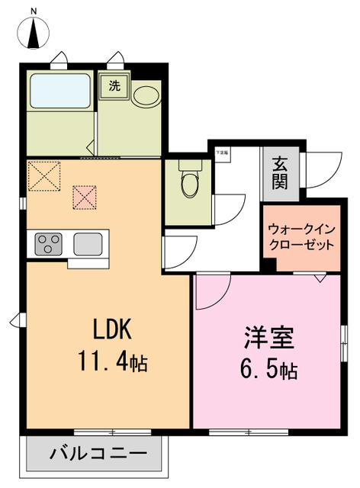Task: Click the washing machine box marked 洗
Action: (x=114, y=86)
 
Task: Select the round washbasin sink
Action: (x=144, y=95)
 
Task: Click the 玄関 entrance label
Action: (x=281, y=174)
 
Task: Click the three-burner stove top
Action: (x=49, y=245)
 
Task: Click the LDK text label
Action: (x=113, y=329)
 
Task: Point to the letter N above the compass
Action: (x=34, y=10)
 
